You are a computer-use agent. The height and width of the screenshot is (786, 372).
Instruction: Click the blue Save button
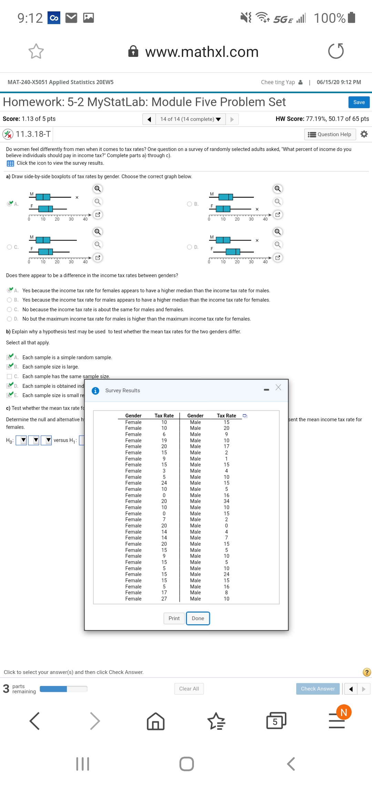pyautogui.click(x=359, y=102)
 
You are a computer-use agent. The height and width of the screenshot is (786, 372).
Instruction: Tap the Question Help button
pyautogui.click(x=330, y=134)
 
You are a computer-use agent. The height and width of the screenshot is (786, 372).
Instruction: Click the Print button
pyautogui.click(x=174, y=618)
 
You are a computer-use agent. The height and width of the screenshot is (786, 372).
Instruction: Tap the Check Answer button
pyautogui.click(x=318, y=689)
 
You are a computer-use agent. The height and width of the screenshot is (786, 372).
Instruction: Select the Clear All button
pyautogui.click(x=189, y=689)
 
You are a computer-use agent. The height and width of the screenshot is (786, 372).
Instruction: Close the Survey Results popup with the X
pyautogui.click(x=278, y=387)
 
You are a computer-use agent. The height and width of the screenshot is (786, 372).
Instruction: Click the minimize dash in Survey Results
pyautogui.click(x=266, y=390)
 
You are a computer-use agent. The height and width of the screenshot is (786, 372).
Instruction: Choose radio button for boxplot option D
pyautogui.click(x=189, y=247)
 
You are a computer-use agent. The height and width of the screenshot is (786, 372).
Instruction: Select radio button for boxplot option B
pyautogui.click(x=189, y=204)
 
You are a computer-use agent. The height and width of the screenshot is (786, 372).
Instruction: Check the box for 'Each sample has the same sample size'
pyautogui.click(x=10, y=376)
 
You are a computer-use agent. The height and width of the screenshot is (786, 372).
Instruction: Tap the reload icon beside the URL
pyautogui.click(x=336, y=51)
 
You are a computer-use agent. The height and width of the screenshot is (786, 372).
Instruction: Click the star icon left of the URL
pyautogui.click(x=36, y=51)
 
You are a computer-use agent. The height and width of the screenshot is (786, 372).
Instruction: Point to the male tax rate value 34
pyautogui.click(x=226, y=501)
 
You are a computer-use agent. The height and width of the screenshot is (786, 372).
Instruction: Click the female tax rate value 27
pyautogui.click(x=164, y=599)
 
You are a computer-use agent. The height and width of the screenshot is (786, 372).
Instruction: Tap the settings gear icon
pyautogui.click(x=364, y=134)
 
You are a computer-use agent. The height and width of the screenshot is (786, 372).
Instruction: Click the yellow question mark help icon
pyautogui.click(x=367, y=672)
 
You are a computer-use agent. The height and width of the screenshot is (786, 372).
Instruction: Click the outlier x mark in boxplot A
pyautogui.click(x=77, y=198)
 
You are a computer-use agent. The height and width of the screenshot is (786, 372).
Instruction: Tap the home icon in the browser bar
pyautogui.click(x=156, y=721)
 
